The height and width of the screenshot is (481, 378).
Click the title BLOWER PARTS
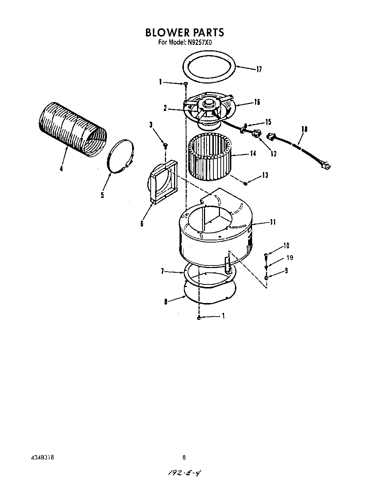[184, 32]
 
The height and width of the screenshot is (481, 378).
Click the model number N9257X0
[200, 42]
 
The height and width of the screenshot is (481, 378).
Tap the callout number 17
[259, 69]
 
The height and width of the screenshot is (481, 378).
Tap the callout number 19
[290, 258]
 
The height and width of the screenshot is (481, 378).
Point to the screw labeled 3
[165, 146]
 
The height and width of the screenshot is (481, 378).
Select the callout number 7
[163, 271]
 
